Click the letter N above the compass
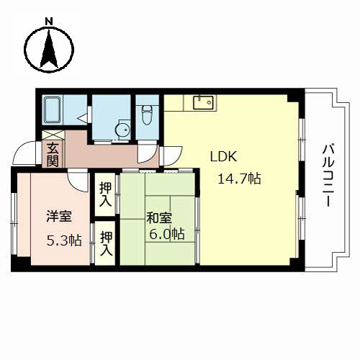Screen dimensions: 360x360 [x=49, y=22]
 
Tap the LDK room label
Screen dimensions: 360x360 [x=224, y=156]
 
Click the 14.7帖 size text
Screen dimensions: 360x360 [x=239, y=179]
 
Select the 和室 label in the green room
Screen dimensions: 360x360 [x=159, y=217]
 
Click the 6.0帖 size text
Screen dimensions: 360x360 [x=167, y=234]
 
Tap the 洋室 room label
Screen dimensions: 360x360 [x=59, y=216]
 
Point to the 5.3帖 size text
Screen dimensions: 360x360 [x=64, y=240]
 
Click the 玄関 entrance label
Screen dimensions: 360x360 [x=53, y=155]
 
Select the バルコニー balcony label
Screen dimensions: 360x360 [x=328, y=176]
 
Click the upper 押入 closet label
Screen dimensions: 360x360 [x=106, y=194]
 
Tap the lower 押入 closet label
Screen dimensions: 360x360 [x=107, y=243]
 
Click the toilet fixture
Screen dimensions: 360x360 [x=146, y=114]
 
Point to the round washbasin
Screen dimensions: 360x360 [x=122, y=130]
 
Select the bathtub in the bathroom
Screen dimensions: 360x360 [x=53, y=110]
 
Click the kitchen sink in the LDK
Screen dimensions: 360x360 [x=204, y=102]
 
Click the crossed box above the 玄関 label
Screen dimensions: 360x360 [x=53, y=135]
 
